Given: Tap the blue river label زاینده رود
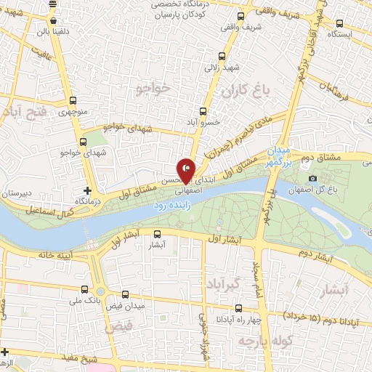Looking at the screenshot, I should (172, 206).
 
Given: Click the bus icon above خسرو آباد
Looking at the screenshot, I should (202, 112).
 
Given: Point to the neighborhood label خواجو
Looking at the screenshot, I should (153, 88).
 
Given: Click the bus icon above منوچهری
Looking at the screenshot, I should (71, 102).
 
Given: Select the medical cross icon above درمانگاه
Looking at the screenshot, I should (88, 189).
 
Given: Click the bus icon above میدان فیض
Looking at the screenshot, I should (126, 295).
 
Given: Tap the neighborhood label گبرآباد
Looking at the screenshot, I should (221, 281).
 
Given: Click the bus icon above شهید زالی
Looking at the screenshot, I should (222, 55).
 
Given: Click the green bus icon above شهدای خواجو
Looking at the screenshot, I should (83, 142).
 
